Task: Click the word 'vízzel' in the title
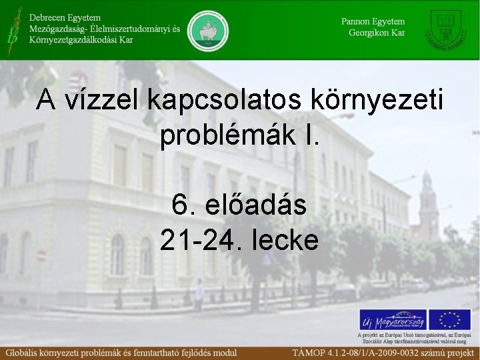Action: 102,101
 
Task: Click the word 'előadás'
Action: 258,205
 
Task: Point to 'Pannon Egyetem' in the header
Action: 373,21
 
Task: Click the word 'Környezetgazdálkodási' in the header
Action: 73,40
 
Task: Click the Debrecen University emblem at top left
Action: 12,26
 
